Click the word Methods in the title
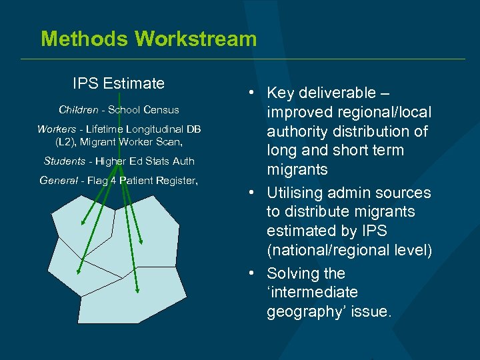pyautogui.click(x=85, y=39)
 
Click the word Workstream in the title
pyautogui.click(x=195, y=39)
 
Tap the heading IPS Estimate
pyautogui.click(x=119, y=83)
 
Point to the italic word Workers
pyautogui.click(x=57, y=129)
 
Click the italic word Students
pyautogui.click(x=65, y=161)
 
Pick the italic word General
pyautogui.click(x=59, y=180)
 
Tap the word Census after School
pyautogui.click(x=161, y=109)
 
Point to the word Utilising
pyautogui.click(x=298, y=193)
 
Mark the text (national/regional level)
pyautogui.click(x=349, y=250)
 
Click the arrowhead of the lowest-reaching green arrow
pyautogui.click(x=137, y=290)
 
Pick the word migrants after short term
pyautogui.click(x=297, y=169)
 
